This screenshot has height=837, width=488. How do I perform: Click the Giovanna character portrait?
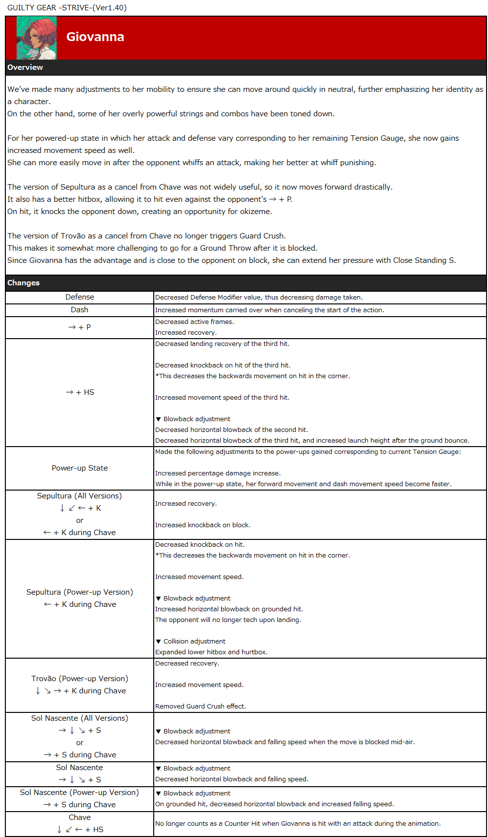click(37, 38)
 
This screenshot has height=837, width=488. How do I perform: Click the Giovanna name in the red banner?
click(95, 37)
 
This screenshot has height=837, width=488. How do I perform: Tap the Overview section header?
click(25, 67)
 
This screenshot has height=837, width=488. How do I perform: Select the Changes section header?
click(23, 283)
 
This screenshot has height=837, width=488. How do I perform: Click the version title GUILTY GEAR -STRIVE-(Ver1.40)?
click(67, 8)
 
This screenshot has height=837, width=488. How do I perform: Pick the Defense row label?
click(80, 297)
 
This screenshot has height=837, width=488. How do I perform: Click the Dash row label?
click(80, 310)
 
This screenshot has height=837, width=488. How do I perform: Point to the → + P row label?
click(80, 327)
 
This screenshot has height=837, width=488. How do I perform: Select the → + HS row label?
click(80, 392)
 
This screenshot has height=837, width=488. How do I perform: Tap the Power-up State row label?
click(80, 468)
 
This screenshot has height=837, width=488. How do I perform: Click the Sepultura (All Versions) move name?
click(80, 496)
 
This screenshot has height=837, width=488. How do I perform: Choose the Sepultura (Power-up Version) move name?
click(80, 592)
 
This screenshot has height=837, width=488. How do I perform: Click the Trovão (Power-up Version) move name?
click(80, 679)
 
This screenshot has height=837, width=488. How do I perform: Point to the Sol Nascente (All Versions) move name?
click(80, 718)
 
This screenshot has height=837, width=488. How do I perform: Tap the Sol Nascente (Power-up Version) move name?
click(80, 793)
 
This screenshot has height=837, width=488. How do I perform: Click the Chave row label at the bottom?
click(80, 817)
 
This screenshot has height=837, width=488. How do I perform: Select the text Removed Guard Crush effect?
click(201, 707)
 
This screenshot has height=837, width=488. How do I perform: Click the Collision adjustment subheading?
click(194, 642)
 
